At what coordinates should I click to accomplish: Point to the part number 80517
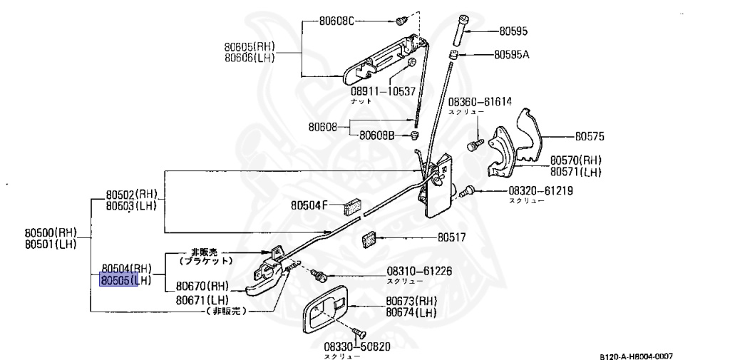(451, 237)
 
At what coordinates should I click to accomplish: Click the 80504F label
(309, 205)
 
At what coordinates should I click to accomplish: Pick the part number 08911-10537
(382, 91)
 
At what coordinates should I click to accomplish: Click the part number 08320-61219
(541, 191)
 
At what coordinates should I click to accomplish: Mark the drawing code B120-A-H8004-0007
(636, 356)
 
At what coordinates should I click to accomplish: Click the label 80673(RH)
(412, 301)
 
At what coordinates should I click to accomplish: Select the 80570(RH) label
(576, 160)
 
